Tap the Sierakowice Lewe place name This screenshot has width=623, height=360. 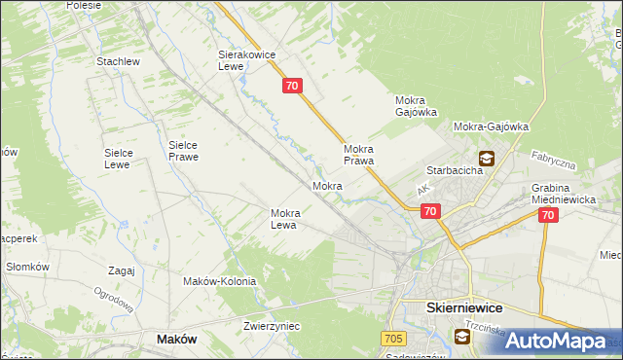tap(243, 62)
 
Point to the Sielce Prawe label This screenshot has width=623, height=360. tap(183, 150)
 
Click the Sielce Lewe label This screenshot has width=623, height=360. tap(125, 159)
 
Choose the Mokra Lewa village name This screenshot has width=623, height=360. tap(290, 219)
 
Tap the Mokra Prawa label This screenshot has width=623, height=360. tap(358, 155)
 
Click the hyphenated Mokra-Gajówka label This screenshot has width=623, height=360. tap(491, 126)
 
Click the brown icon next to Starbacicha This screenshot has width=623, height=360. tap(486, 159)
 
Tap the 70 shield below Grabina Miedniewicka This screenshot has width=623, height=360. tap(547, 216)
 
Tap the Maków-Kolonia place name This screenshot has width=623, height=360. tap(220, 281)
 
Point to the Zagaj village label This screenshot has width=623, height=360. tap(122, 271)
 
